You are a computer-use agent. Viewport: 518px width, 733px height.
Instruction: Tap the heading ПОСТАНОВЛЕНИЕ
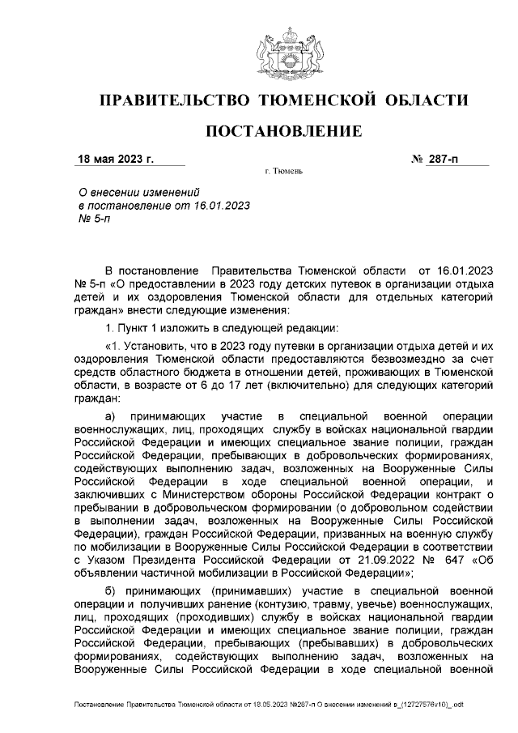click(283, 131)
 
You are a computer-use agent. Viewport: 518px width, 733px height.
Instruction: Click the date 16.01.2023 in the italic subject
click(222, 206)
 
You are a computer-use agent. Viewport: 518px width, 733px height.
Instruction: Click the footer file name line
click(267, 705)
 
